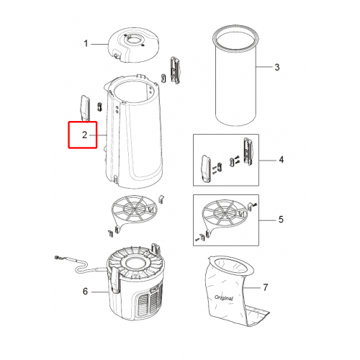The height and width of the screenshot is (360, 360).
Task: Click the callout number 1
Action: (86, 44)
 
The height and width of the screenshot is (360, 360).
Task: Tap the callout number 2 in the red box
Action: (84, 135)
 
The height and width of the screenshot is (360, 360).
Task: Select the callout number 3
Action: (277, 67)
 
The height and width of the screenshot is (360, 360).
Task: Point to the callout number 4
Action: (282, 160)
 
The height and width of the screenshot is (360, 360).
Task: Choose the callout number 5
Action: (281, 220)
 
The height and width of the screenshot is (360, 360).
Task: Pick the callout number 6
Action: (85, 291)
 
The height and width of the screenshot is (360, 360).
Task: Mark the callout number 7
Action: (265, 287)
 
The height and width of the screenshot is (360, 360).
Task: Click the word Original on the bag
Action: (223, 298)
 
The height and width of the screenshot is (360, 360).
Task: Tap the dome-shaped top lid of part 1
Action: (133, 45)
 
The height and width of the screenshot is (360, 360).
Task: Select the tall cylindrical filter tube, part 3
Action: (236, 75)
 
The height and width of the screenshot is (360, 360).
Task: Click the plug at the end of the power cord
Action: (58, 258)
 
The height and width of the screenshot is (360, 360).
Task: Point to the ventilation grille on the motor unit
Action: (149, 300)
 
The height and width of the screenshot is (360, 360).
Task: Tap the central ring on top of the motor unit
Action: (134, 261)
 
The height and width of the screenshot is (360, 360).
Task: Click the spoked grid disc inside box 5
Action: (225, 212)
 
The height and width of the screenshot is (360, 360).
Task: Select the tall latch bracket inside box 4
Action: (248, 151)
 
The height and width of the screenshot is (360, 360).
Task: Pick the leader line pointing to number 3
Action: (264, 67)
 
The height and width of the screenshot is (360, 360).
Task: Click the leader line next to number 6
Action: (100, 292)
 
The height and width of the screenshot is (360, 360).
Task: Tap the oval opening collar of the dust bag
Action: (231, 266)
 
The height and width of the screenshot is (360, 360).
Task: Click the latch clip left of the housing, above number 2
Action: (85, 108)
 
